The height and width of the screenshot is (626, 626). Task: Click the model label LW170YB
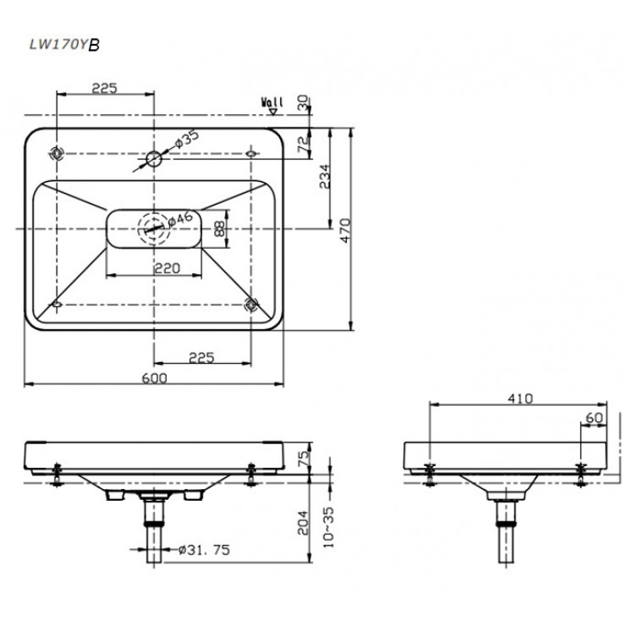point(64,45)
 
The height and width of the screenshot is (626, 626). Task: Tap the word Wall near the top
point(272,102)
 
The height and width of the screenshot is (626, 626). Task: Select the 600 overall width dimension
point(155,377)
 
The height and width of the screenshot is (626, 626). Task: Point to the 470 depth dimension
point(345,230)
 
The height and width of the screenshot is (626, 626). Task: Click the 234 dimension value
point(325,176)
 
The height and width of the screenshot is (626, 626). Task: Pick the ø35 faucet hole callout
point(187,139)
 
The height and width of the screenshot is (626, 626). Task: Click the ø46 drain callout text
point(180,219)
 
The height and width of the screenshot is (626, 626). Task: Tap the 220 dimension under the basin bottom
point(167,268)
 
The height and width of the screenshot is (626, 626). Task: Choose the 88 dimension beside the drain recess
point(220,228)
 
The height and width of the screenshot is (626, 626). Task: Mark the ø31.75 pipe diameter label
point(205,550)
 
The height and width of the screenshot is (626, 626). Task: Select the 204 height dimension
point(304,523)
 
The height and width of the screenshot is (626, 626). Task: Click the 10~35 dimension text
point(328,528)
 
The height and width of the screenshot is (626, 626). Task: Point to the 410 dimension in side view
point(520,398)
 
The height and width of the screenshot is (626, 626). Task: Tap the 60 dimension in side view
point(594,418)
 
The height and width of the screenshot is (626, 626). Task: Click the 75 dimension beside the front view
point(304,458)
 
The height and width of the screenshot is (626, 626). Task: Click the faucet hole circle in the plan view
point(154,159)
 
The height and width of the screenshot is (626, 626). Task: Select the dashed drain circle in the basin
point(154,228)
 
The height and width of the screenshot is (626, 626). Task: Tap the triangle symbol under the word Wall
point(273,112)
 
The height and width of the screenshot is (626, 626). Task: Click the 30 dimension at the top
point(304,102)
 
